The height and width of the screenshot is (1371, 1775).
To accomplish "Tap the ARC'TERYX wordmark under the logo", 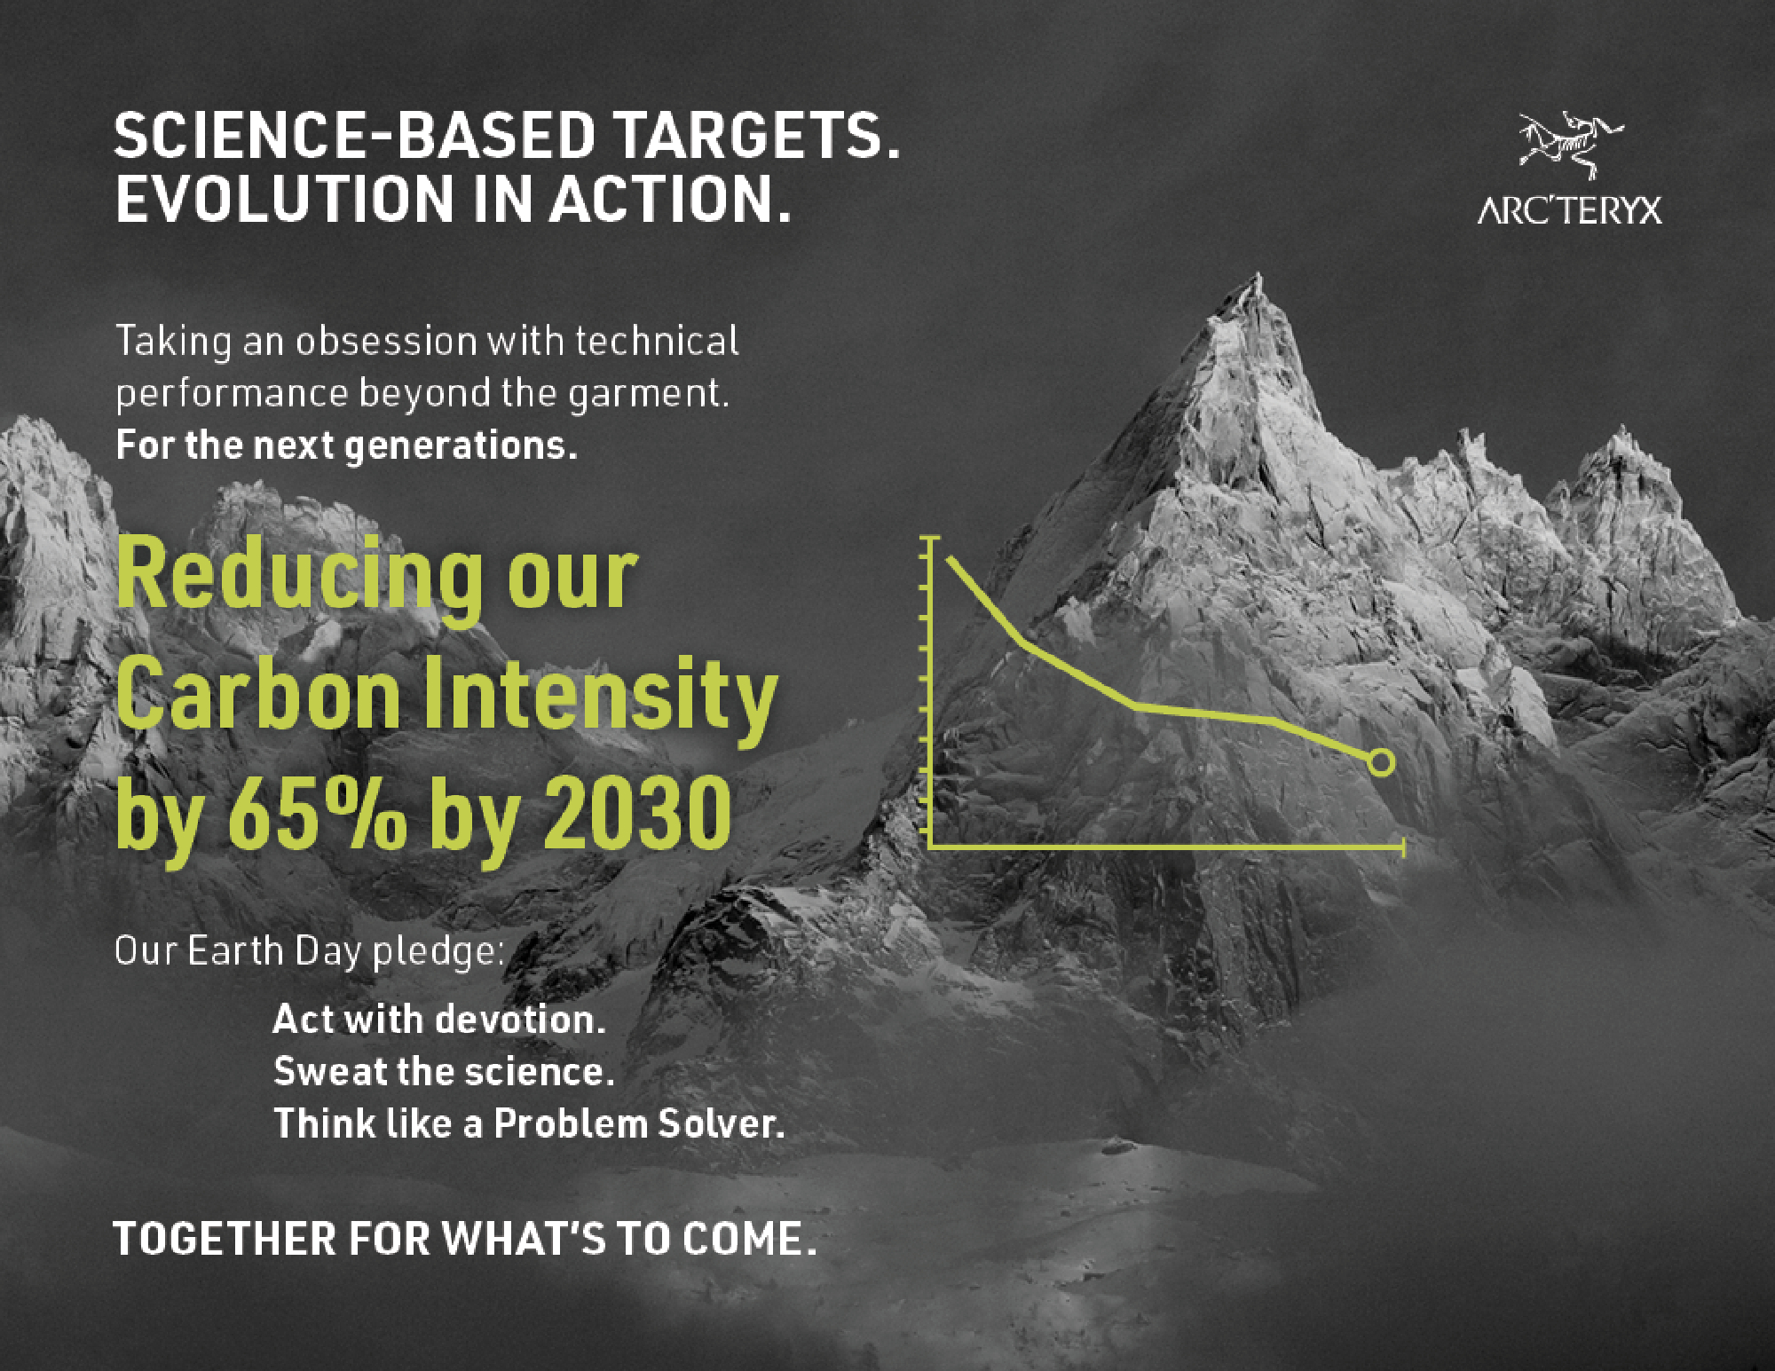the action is coord(1569,210).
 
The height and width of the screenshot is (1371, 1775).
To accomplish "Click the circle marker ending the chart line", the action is coord(1381,762).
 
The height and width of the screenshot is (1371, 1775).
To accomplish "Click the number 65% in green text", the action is coord(317,813).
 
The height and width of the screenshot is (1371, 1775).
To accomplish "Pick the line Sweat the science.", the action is coord(444,1071).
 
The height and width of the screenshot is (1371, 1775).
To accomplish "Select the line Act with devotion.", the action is coord(438,1019).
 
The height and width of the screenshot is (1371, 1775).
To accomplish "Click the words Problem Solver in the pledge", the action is coord(639,1123).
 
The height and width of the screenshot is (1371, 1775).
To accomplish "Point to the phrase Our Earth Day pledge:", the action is coord(310,951).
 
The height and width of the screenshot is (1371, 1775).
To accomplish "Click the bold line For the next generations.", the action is coord(346,445).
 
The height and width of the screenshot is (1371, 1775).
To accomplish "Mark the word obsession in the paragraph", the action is coord(386,341).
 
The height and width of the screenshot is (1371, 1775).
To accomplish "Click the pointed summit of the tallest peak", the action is coord(1257,277).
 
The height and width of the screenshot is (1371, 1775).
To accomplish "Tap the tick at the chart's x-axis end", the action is coord(1403,847).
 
